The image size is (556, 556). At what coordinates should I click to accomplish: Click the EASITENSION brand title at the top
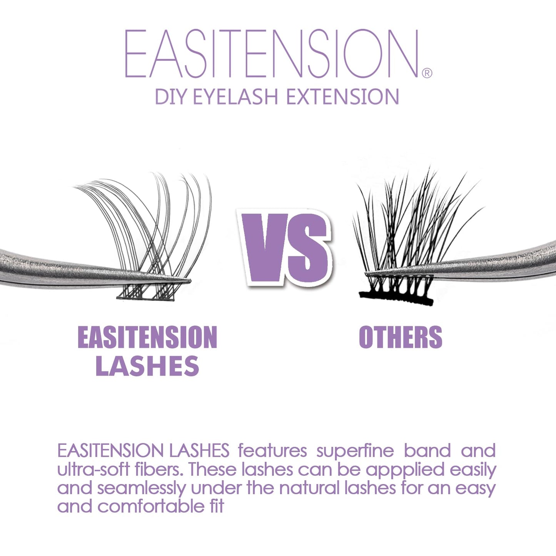271,54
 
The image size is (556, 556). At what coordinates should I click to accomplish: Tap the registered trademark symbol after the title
427,73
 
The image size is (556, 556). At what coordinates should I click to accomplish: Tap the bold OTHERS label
400,337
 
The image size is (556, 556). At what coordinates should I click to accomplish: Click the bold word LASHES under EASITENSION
147,366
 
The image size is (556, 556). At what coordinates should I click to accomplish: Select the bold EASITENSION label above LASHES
147,337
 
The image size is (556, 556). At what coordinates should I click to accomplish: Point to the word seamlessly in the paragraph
141,488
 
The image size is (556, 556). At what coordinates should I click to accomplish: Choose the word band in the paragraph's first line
427,451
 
